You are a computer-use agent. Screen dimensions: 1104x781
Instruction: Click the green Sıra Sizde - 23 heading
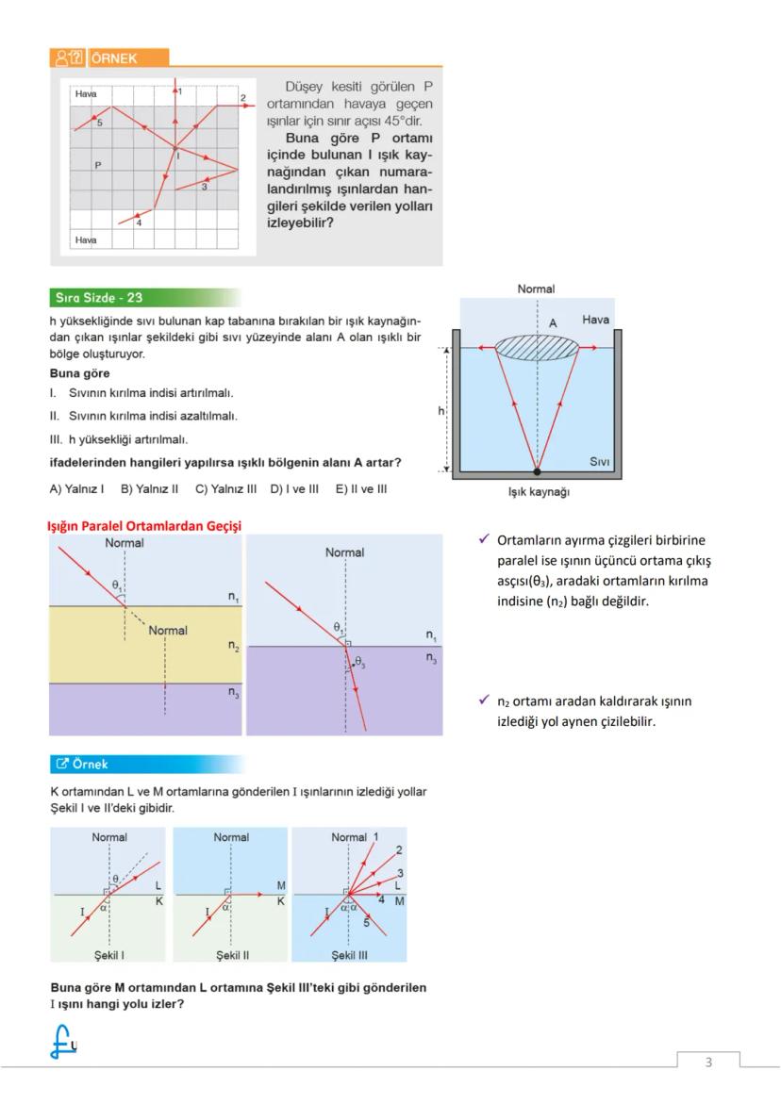coord(98,298)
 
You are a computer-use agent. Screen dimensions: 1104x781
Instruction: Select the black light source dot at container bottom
coord(537,470)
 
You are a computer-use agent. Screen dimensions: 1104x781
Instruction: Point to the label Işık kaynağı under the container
coord(538,491)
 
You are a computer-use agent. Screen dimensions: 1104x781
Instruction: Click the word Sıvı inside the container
coord(599,462)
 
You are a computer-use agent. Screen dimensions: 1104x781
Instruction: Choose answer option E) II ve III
coord(360,488)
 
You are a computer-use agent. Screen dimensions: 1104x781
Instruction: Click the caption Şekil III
coord(349,955)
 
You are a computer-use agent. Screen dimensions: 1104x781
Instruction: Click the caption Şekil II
coord(231,955)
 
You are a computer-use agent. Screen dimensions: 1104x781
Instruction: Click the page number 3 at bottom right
coord(708,1063)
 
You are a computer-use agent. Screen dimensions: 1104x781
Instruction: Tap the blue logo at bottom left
coord(63,1042)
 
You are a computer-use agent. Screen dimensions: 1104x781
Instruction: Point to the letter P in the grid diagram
coord(98,165)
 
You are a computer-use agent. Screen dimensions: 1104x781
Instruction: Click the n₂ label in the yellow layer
coord(232,646)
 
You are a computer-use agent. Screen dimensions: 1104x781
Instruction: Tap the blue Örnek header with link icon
coord(87,764)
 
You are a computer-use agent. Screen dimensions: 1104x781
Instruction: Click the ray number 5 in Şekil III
coord(366,921)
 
